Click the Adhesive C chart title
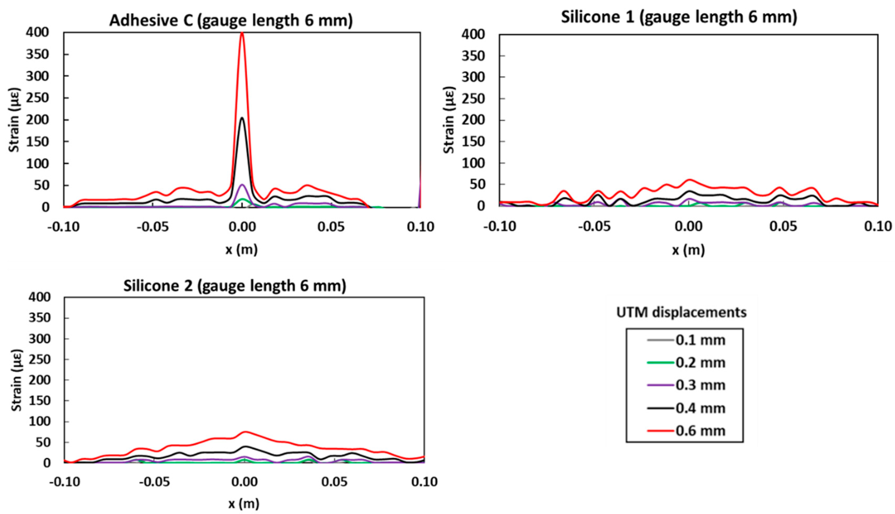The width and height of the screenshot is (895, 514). (x=231, y=20)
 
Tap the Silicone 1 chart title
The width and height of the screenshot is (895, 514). (x=679, y=17)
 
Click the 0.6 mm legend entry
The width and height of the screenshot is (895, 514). (x=700, y=431)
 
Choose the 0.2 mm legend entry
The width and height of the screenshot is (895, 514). (x=700, y=363)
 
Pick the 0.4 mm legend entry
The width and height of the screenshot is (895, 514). (x=700, y=408)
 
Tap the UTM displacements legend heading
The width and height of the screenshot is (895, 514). (x=681, y=312)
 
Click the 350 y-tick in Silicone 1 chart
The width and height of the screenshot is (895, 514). (x=473, y=56)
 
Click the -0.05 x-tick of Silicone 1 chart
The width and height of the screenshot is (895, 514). (x=594, y=226)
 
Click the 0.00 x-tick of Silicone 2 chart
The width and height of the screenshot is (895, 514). (x=244, y=482)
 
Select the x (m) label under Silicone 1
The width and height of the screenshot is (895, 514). (x=688, y=250)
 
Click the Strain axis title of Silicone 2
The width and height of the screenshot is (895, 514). (x=16, y=380)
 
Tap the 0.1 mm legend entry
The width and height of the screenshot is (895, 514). (x=700, y=340)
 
